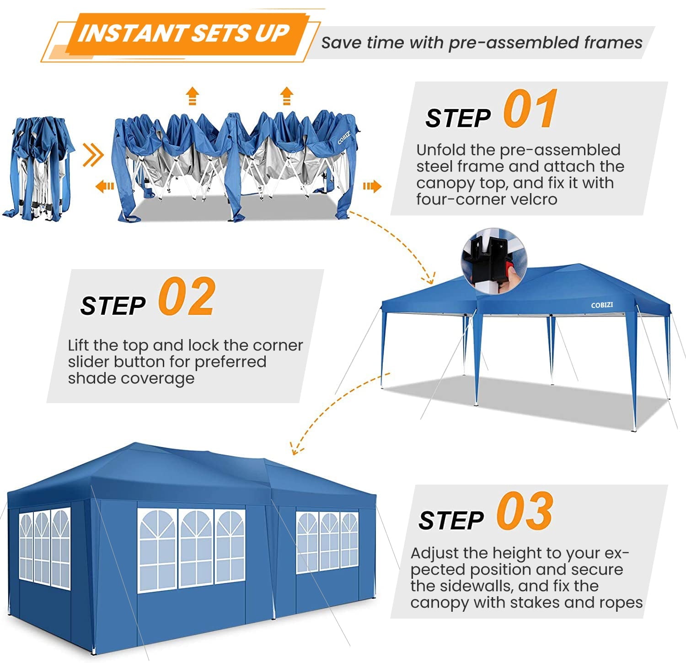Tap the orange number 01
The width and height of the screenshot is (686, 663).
point(531,110)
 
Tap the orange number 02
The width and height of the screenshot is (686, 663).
point(187,297)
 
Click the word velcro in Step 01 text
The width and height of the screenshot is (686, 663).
point(535,199)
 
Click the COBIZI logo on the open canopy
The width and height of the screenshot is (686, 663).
point(602,305)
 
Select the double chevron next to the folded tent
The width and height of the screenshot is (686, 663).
point(93,156)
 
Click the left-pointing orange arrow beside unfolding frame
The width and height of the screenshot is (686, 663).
point(105,186)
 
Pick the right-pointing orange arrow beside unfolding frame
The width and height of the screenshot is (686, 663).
point(372,186)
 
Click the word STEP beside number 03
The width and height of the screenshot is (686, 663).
point(451,521)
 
